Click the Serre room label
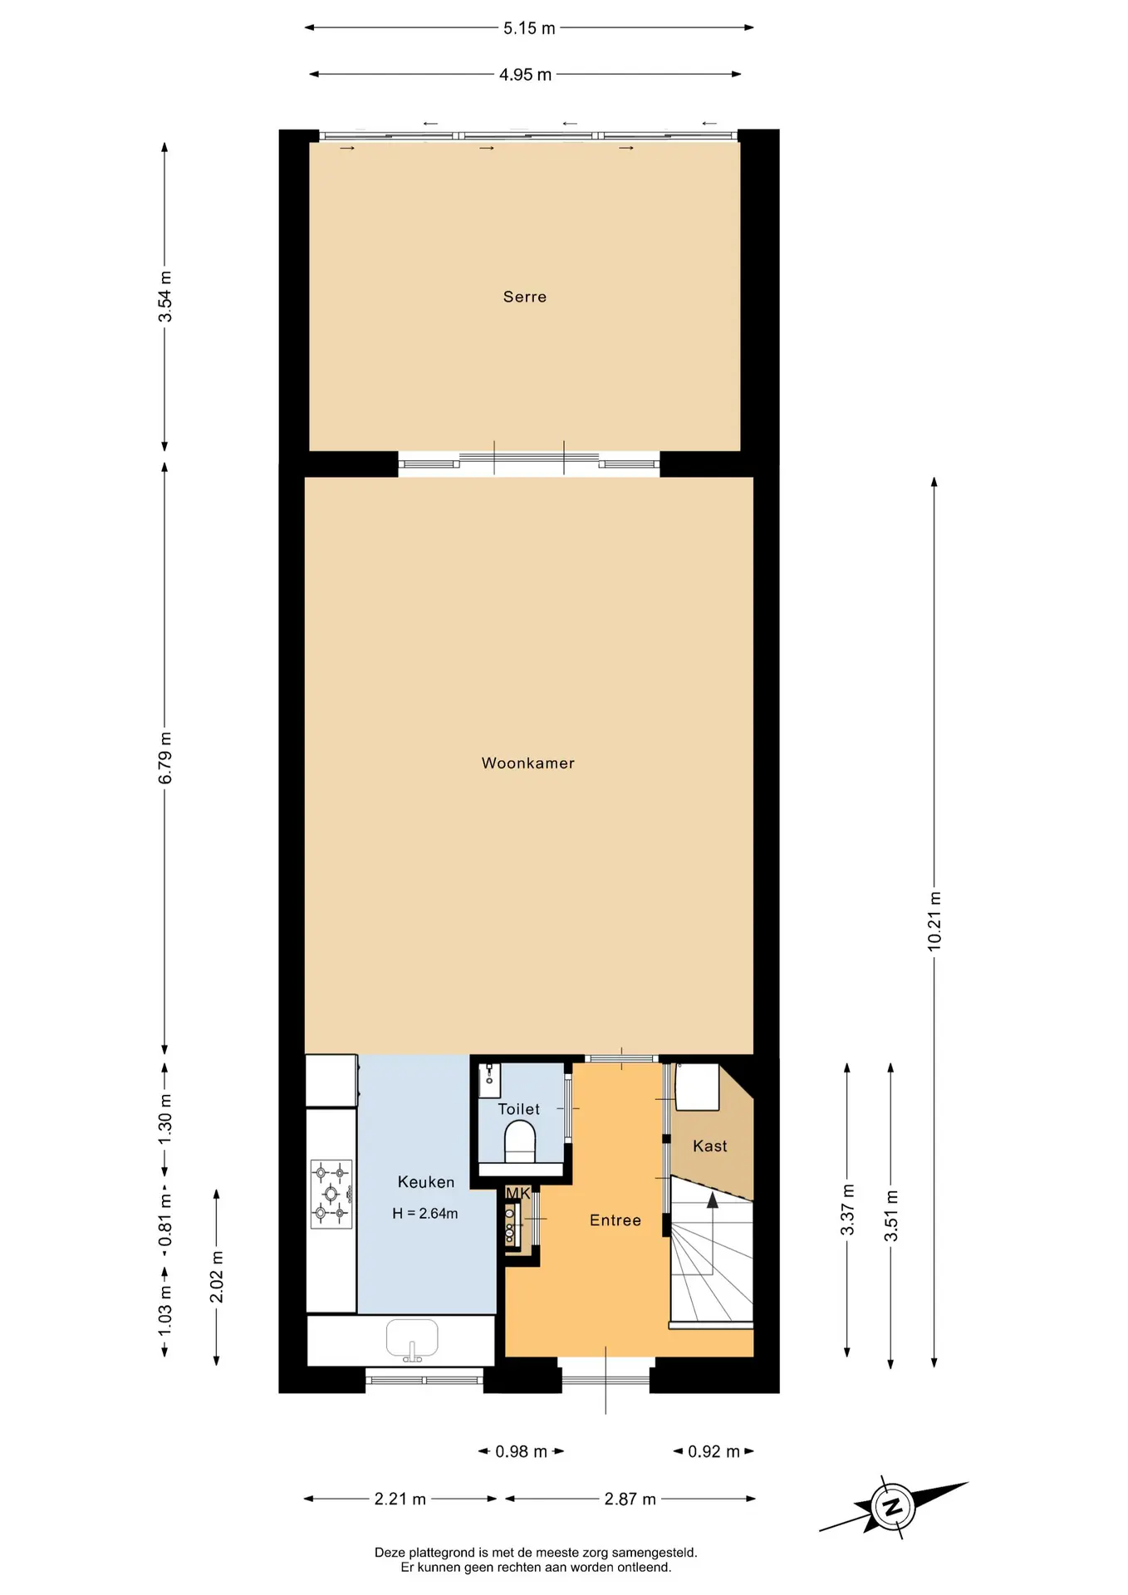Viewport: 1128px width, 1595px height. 525,297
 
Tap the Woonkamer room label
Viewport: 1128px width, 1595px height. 528,763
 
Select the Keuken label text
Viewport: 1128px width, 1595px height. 426,1181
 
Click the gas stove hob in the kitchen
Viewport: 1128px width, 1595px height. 331,1195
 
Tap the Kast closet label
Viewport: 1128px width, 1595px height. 710,1146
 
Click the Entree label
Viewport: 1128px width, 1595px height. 615,1220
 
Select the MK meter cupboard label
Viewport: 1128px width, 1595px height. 518,1193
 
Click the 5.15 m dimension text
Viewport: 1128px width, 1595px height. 529,28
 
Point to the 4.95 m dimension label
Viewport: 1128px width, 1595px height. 525,75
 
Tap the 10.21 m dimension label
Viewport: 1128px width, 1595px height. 934,921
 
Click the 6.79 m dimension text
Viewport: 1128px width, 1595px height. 165,758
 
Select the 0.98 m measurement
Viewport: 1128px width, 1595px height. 522,1451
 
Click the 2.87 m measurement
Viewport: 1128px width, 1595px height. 630,1499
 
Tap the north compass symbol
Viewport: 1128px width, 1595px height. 893,1507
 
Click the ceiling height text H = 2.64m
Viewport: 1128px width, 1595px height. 425,1213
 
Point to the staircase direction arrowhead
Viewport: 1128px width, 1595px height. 713,1199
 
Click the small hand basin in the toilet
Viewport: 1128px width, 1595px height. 489,1078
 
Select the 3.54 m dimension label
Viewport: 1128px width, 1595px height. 165,297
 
